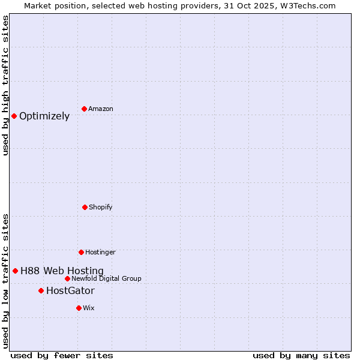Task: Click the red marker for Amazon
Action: click(84, 109)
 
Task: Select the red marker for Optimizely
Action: click(14, 116)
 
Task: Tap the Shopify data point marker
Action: click(85, 207)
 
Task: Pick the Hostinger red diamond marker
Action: click(81, 252)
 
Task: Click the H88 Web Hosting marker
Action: click(15, 271)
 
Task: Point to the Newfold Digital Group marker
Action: click(67, 278)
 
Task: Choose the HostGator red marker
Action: click(41, 290)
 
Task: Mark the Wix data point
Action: click(79, 308)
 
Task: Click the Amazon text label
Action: click(101, 109)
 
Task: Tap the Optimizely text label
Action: click(44, 116)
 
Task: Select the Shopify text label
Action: click(101, 207)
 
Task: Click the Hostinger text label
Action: click(100, 252)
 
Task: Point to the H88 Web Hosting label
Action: click(62, 271)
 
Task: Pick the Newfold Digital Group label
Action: click(106, 278)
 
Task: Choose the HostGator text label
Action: click(70, 291)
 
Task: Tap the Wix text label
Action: click(89, 308)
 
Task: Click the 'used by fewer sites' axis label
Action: click(62, 355)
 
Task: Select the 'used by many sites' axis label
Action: click(301, 355)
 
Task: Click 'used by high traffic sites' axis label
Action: click(5, 85)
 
